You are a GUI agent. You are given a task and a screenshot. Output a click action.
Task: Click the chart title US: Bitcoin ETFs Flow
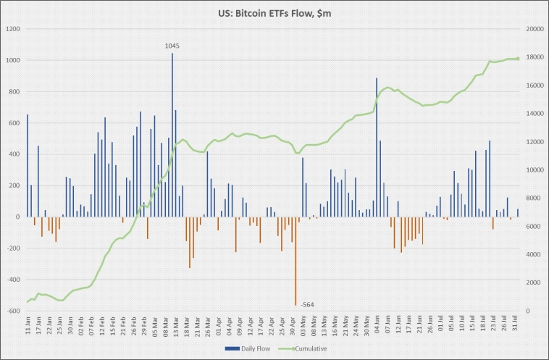pos(274,13)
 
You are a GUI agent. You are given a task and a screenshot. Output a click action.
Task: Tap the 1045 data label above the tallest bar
pos(172,46)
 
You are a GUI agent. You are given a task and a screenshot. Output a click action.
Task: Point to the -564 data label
pos(306,305)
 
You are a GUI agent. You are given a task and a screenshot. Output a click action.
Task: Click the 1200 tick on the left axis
pos(14,29)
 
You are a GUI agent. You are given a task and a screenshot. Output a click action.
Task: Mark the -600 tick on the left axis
pos(14,311)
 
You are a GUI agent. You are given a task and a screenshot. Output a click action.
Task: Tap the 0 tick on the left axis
pos(20,217)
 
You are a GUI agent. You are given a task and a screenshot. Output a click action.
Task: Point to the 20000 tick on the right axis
pos(533,29)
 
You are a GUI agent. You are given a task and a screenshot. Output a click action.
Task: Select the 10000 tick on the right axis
pos(533,170)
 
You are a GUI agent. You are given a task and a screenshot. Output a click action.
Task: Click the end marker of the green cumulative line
pos(518,59)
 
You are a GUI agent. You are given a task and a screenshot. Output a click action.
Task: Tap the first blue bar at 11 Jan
pos(28,165)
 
